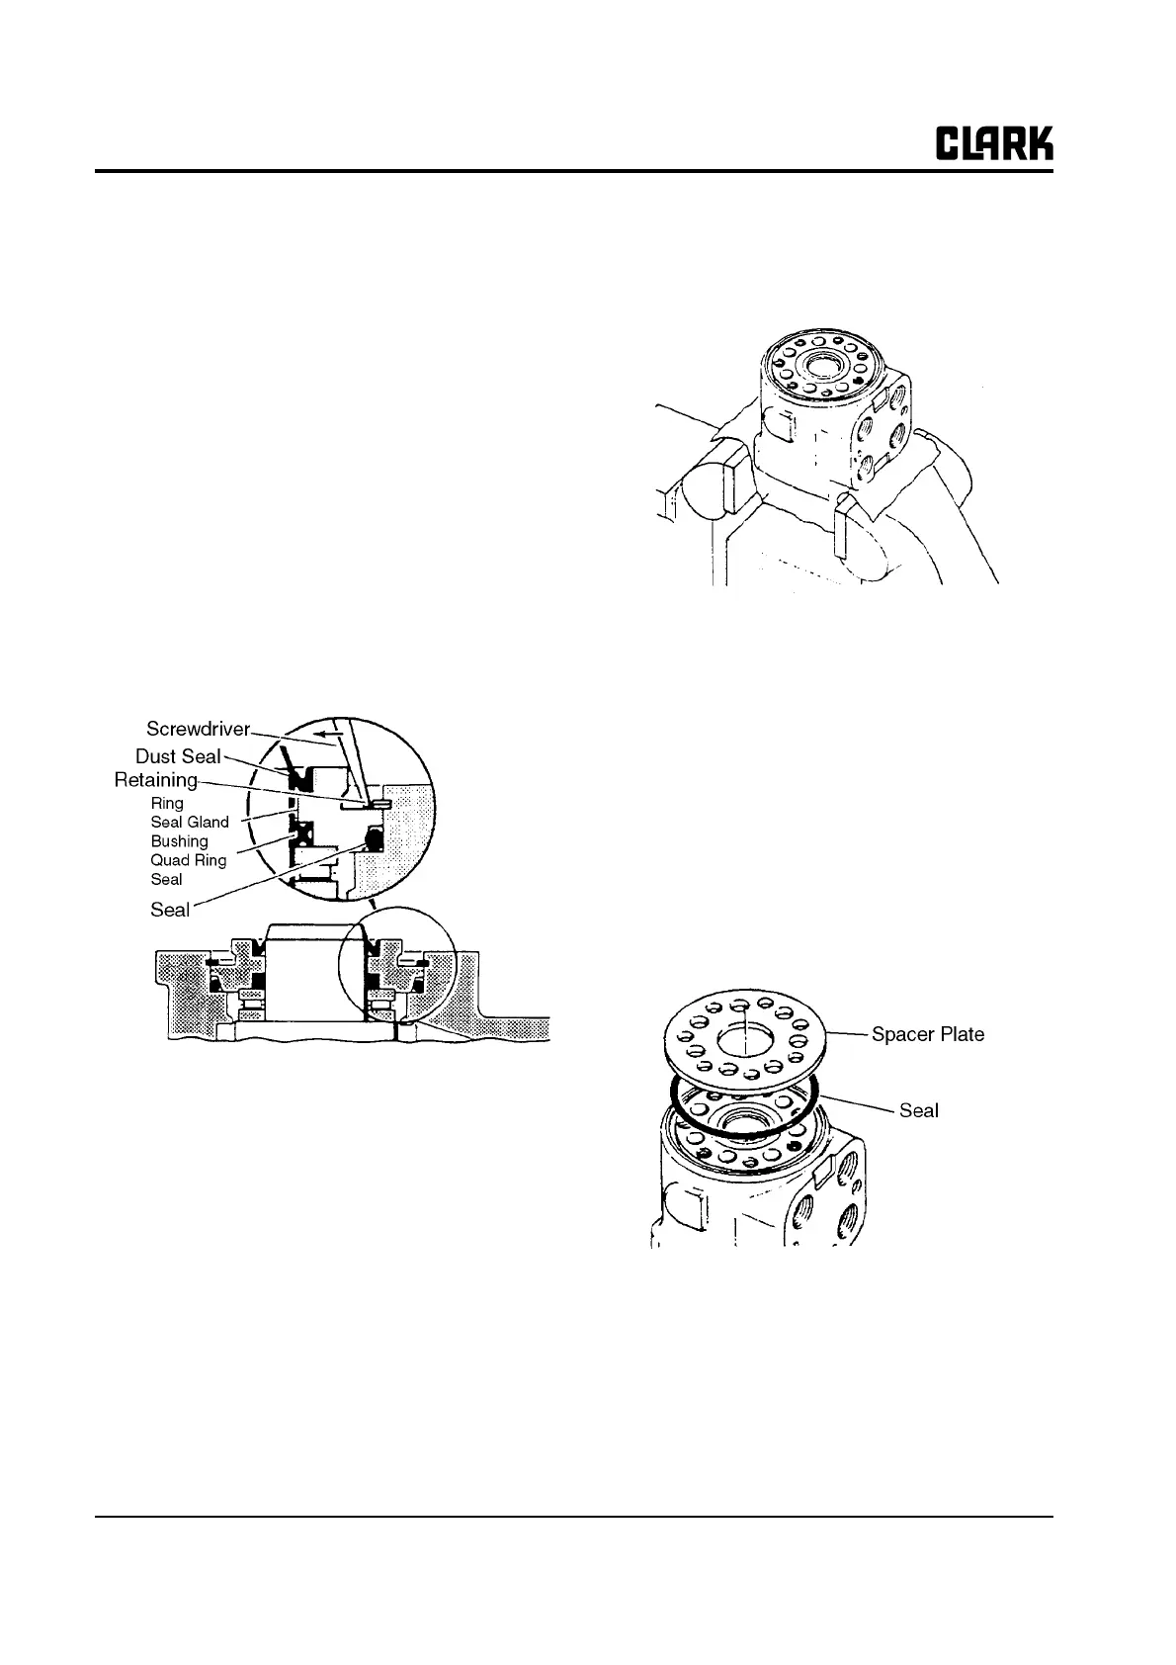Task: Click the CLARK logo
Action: tap(994, 144)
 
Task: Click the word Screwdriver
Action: tap(198, 730)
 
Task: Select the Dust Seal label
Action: tap(178, 756)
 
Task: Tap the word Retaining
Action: tap(156, 780)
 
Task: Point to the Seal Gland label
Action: tap(190, 822)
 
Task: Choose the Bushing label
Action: tap(179, 841)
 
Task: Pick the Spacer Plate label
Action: tap(927, 1034)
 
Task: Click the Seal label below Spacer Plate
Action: tap(918, 1110)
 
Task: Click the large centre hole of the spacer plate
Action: tap(742, 1039)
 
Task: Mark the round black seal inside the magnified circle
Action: tap(374, 839)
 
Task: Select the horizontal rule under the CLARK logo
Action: tap(573, 171)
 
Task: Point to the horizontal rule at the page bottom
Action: tap(573, 1516)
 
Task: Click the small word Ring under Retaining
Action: tap(167, 803)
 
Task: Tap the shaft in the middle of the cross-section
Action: tap(305, 979)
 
